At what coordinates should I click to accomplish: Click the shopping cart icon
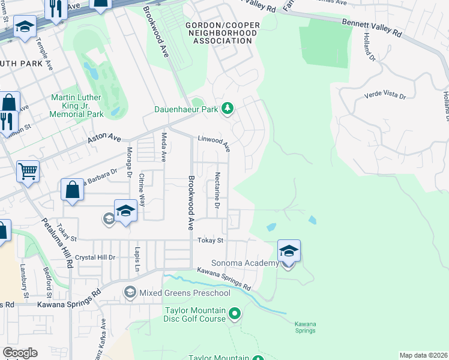(x=28, y=172)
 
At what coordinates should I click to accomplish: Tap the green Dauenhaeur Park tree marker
(x=227, y=109)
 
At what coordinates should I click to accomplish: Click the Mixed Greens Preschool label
(x=184, y=293)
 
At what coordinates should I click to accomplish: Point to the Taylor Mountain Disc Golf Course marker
(x=235, y=313)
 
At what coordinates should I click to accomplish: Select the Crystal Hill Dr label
(x=94, y=257)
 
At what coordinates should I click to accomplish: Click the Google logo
(x=20, y=353)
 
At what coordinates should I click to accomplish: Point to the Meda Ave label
(x=163, y=148)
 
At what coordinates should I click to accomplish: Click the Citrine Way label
(x=142, y=188)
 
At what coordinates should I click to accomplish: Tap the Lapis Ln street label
(x=137, y=257)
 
